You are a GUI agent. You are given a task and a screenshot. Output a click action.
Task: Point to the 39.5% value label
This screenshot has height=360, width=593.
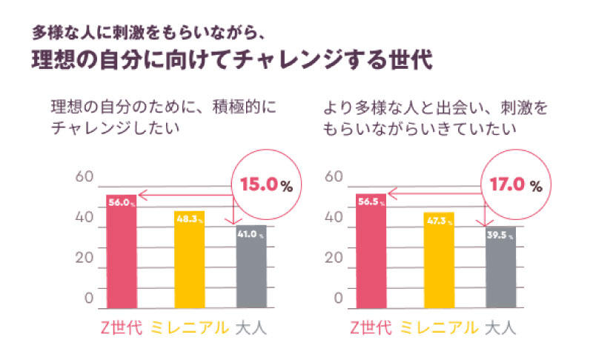[x=500, y=236]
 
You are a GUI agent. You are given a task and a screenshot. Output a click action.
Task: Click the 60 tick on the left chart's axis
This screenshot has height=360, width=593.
[x=84, y=178]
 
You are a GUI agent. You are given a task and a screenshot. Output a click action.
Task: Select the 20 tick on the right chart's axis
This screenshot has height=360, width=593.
[x=334, y=259]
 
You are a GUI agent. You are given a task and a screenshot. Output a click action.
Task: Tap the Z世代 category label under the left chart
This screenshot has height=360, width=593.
[x=121, y=327]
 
